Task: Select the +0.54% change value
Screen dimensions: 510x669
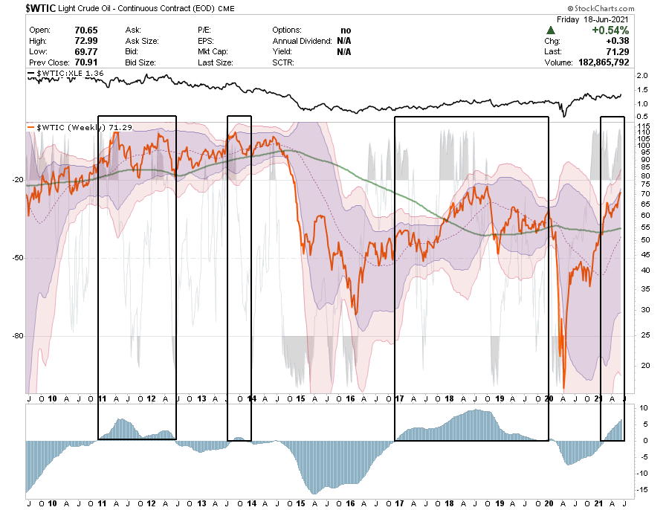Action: [610, 30]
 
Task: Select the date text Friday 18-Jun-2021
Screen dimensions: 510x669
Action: [597, 19]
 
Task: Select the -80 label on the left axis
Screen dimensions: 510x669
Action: [18, 335]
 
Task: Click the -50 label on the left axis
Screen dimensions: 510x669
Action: [18, 258]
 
